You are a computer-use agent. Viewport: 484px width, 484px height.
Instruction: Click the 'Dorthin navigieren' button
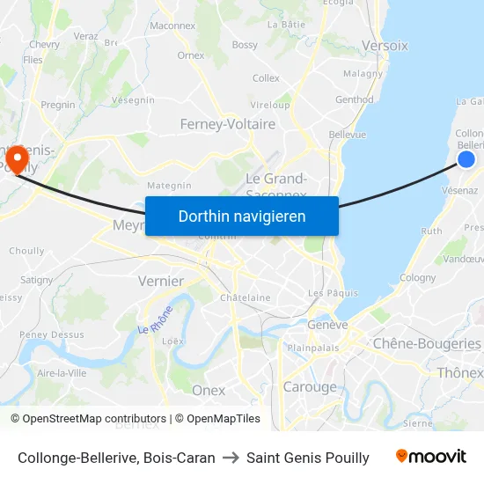point(242,216)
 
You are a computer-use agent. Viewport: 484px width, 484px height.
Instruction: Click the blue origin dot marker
point(466,159)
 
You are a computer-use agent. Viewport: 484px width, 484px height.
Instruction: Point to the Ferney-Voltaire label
point(227,124)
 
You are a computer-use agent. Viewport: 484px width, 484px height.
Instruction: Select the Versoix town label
point(385,45)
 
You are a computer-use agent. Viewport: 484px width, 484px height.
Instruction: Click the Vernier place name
point(161,281)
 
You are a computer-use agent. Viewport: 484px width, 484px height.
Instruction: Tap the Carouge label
point(310,386)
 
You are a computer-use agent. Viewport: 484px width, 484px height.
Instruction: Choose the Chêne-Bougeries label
point(427,343)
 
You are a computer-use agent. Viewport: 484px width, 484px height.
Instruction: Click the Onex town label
point(209,390)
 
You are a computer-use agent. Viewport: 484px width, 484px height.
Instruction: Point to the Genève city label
point(327,325)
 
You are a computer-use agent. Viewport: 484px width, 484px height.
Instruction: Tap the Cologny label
point(417,278)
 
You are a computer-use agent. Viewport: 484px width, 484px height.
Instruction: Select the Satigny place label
point(36,280)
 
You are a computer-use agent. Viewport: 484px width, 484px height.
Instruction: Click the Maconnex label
point(172,26)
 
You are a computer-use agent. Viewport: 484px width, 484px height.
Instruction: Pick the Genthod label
point(355,99)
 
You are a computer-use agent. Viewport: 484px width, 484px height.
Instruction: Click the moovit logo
point(431,457)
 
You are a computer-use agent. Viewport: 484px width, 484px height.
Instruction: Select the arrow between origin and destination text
point(231,458)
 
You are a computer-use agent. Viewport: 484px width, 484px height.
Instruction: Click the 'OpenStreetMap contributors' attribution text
point(88,419)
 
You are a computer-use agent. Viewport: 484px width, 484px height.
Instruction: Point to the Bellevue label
point(347,135)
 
